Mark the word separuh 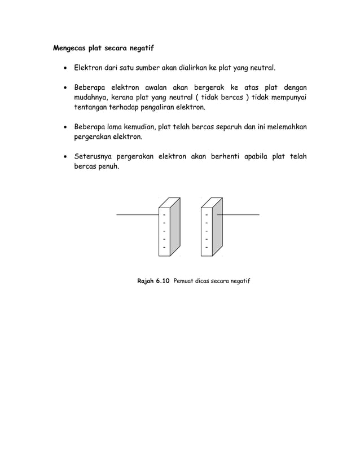(229, 127)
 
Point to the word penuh (107, 166)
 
